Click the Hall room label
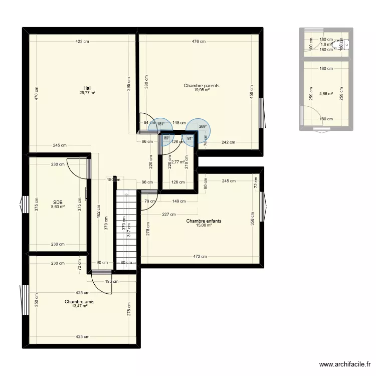click(x=87, y=87)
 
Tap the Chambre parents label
click(x=202, y=86)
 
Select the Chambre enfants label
click(x=204, y=221)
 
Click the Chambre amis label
click(x=79, y=302)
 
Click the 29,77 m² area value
click(x=87, y=92)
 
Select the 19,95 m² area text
click(x=202, y=90)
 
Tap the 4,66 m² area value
click(x=326, y=93)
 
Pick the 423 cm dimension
click(x=83, y=42)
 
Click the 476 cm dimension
click(x=199, y=42)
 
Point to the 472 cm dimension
click(x=200, y=257)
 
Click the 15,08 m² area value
click(x=204, y=226)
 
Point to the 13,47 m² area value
click(x=79, y=306)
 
